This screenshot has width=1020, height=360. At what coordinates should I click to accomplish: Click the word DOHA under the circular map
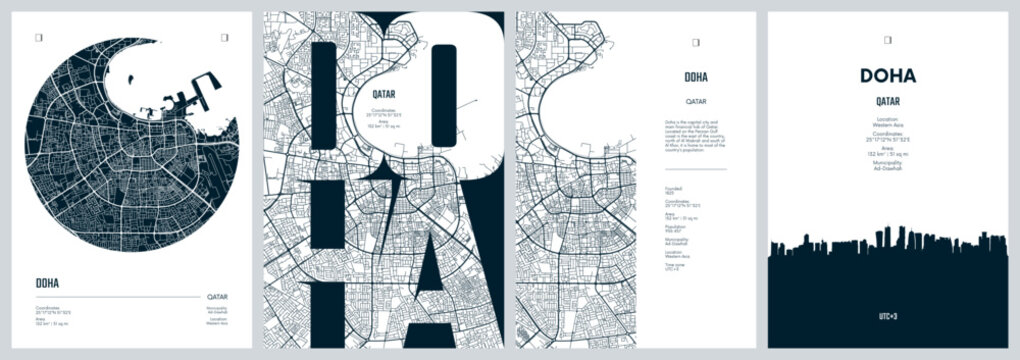pos(46,282)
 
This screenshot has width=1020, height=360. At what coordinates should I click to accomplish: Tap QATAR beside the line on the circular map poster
pos(216,297)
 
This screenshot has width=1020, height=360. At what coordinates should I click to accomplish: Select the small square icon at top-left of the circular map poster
pos(38,38)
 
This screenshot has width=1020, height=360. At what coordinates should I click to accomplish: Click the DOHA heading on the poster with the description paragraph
pos(697,77)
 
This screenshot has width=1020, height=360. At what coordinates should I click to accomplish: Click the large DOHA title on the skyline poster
pos(887,76)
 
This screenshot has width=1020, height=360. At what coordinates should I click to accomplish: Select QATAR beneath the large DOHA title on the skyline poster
pos(887,101)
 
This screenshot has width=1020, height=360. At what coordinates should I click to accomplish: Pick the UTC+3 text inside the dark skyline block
pos(887,315)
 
